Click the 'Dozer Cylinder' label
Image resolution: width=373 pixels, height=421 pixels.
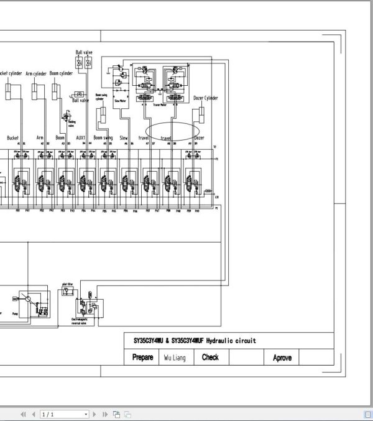pyautogui.click(x=206, y=98)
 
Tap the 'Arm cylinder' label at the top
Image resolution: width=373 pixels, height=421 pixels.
pyautogui.click(x=37, y=73)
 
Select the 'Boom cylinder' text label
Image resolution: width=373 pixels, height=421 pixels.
pyautogui.click(x=61, y=73)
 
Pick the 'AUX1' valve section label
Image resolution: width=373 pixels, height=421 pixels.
pyautogui.click(x=80, y=137)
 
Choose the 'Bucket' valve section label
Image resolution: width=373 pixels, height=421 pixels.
pyautogui.click(x=13, y=137)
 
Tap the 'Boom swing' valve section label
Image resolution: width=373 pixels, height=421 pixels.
pyautogui.click(x=103, y=137)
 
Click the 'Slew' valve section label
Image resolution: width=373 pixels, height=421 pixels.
pyautogui.click(x=124, y=137)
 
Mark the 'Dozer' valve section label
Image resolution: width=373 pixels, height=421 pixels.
pyautogui.click(x=199, y=137)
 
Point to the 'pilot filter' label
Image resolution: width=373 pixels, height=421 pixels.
pyautogui.click(x=69, y=283)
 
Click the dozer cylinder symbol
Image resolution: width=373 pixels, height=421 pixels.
pyautogui.click(x=203, y=114)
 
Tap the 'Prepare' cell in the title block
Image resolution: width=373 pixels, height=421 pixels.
pyautogui.click(x=142, y=358)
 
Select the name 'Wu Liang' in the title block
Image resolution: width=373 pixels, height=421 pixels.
pyautogui.click(x=175, y=358)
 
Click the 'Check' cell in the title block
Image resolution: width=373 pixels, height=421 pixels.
pyautogui.click(x=210, y=358)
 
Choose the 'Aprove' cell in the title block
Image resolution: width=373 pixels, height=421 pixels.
pyautogui.click(x=282, y=358)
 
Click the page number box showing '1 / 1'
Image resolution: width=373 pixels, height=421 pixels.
pyautogui.click(x=65, y=414)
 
